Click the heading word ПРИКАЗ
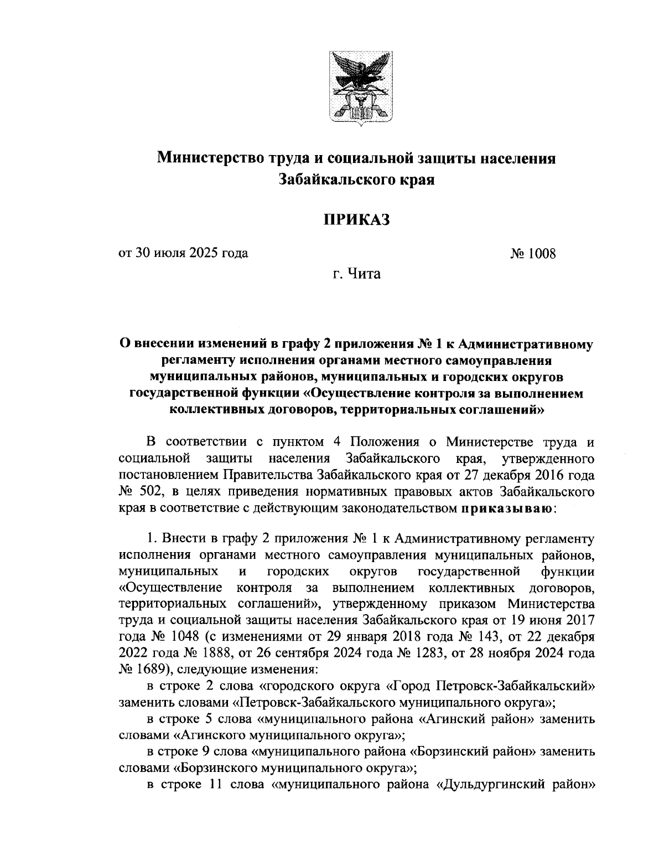pos(357,219)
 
